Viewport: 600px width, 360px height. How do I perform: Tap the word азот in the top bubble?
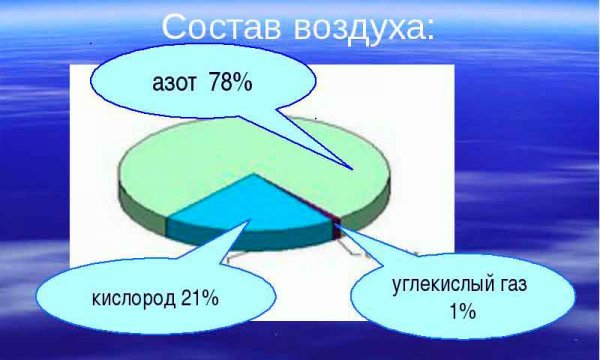click(x=174, y=84)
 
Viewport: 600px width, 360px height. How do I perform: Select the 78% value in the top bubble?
click(x=230, y=83)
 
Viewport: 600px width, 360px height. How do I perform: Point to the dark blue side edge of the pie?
click(x=250, y=238)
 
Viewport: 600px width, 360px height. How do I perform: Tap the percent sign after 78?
click(x=243, y=83)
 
